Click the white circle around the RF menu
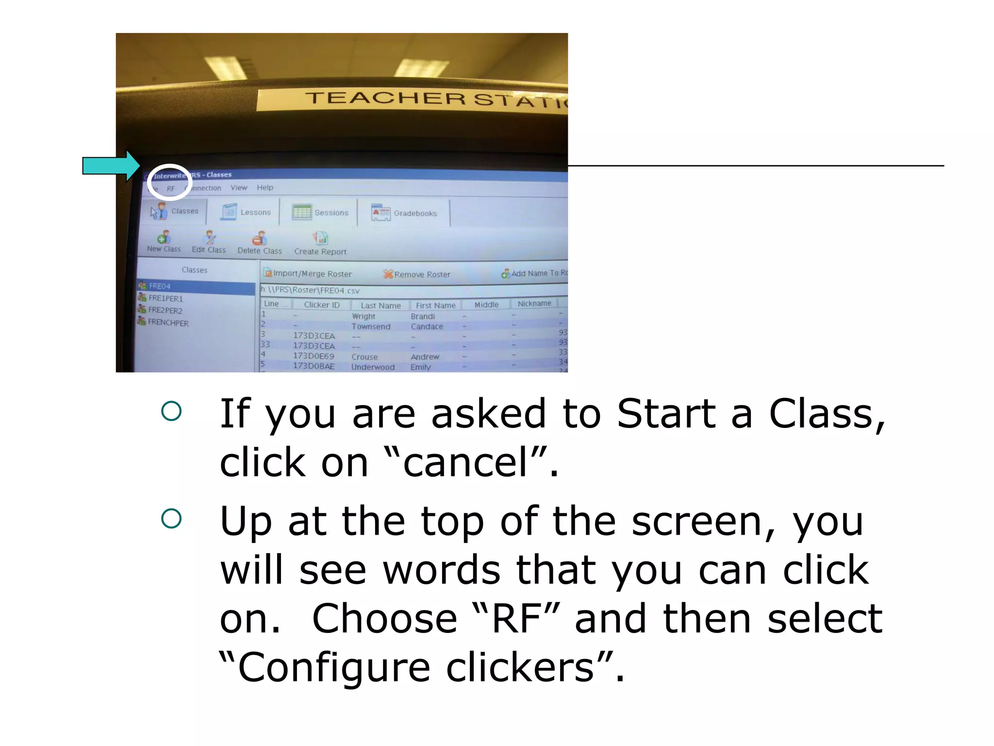click(x=169, y=182)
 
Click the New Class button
click(x=164, y=242)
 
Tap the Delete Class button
click(x=260, y=243)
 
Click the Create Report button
click(x=320, y=244)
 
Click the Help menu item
click(x=265, y=187)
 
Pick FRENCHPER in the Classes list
click(x=167, y=322)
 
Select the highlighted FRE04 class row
click(x=194, y=287)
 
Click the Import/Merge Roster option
click(x=312, y=274)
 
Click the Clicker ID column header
click(x=322, y=305)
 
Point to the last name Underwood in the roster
click(x=373, y=367)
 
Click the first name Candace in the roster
click(x=427, y=326)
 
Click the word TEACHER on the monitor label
click(x=386, y=99)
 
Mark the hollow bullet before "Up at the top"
click(x=171, y=519)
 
